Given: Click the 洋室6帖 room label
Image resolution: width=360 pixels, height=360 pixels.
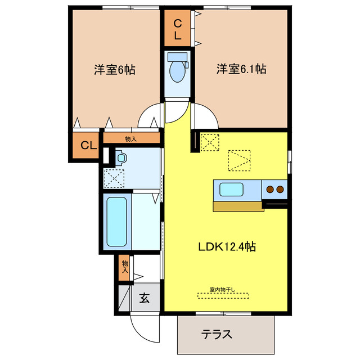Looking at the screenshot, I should tap(114, 70).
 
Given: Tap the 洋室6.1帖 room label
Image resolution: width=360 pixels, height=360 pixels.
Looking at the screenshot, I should tap(241, 70).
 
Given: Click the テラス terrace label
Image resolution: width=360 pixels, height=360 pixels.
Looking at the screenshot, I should tap(217, 334).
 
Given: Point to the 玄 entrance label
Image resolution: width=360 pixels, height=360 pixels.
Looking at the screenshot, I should tap(145, 298).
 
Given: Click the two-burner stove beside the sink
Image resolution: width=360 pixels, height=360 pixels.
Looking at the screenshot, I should tap(274, 190).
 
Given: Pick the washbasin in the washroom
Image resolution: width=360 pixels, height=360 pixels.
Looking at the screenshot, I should tap(121, 158).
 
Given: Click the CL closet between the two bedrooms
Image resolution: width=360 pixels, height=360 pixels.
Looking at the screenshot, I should tap(178, 29).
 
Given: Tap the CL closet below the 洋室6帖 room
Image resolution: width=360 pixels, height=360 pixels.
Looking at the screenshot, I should tap(87, 146).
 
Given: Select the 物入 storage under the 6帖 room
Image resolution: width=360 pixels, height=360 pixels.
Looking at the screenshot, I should tap(130, 138).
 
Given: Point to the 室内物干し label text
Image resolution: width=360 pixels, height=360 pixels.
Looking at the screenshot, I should tap(223, 290).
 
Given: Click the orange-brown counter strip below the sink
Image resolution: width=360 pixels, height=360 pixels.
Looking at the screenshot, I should tap(238, 206).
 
